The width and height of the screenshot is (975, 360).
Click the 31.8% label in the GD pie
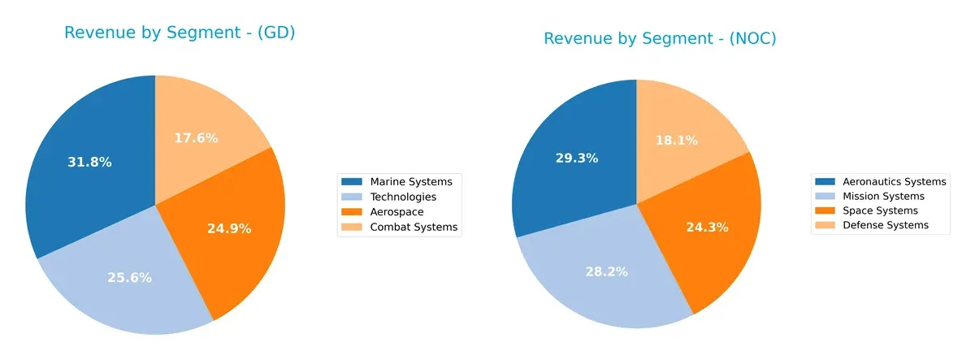coord(89,162)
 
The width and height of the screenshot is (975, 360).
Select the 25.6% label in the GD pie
coord(129,277)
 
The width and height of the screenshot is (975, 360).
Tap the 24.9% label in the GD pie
coord(228,228)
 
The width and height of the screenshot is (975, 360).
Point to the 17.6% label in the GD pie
coord(196,138)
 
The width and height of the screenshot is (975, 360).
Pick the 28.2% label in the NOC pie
coord(606,271)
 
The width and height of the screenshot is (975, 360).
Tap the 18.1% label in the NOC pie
coord(678,141)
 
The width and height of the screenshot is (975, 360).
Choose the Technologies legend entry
coord(402,197)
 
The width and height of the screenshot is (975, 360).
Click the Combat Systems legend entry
coord(413,228)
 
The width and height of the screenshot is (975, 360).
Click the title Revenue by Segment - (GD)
coord(179,33)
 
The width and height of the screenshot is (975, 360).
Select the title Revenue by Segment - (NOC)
coord(660,38)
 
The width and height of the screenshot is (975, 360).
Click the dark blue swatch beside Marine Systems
coord(352,181)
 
